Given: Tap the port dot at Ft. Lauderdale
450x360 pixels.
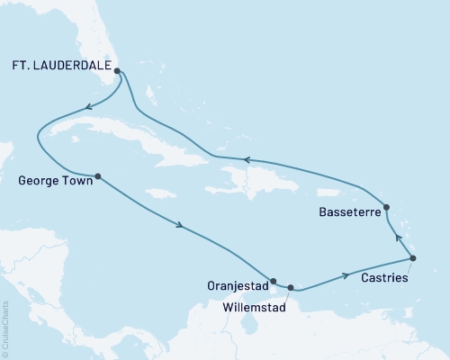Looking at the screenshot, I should point(118,65).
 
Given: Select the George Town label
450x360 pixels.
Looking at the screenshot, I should point(53,179).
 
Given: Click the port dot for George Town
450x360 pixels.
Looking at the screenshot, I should point(97,176).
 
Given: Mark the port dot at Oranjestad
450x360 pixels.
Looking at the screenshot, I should point(273,281).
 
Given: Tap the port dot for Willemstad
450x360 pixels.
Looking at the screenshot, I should point(291,288).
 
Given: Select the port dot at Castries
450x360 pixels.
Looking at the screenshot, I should point(413,259).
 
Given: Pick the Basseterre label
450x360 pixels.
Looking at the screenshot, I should point(349,212).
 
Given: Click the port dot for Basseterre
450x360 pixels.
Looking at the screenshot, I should point(387,207).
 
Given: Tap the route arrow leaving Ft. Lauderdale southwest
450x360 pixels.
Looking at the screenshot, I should point(89,108).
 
